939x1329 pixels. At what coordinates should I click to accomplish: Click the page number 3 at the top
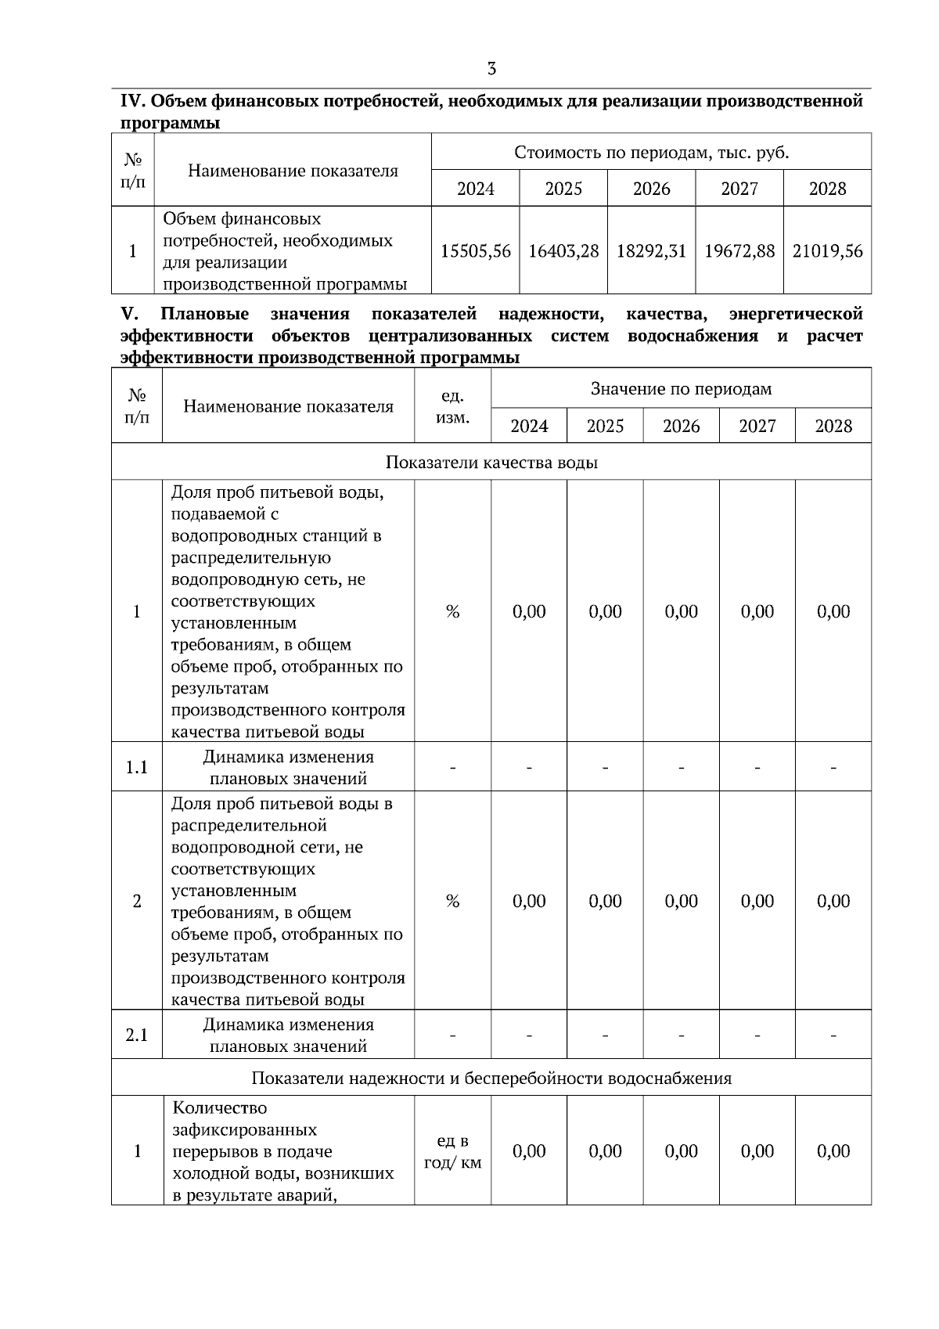point(491,69)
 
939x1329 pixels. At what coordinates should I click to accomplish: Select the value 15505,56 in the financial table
point(475,251)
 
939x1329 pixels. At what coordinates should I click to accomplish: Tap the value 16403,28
point(563,251)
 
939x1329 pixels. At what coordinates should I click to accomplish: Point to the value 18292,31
point(651,251)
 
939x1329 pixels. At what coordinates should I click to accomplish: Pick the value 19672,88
point(739,251)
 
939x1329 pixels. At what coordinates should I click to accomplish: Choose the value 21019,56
point(827,251)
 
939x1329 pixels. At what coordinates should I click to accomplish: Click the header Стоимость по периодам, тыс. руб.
point(651,152)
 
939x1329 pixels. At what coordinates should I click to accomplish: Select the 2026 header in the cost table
point(651,189)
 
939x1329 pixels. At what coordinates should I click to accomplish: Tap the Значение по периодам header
point(681,389)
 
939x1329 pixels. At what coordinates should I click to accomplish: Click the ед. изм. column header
point(452,406)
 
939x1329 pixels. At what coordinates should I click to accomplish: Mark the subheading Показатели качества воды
point(491,462)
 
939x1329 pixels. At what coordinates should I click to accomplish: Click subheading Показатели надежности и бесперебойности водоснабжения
point(491,1078)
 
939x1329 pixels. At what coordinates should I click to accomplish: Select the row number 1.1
point(137,767)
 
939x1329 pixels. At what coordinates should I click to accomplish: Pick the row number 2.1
point(137,1035)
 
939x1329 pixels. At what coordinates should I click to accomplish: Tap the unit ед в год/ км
point(452,1151)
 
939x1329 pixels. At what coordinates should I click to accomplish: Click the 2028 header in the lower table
point(833,426)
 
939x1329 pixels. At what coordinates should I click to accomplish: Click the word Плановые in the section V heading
point(204,314)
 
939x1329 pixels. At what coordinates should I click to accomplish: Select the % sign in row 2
point(452,901)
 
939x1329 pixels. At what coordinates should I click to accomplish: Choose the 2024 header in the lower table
point(529,426)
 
